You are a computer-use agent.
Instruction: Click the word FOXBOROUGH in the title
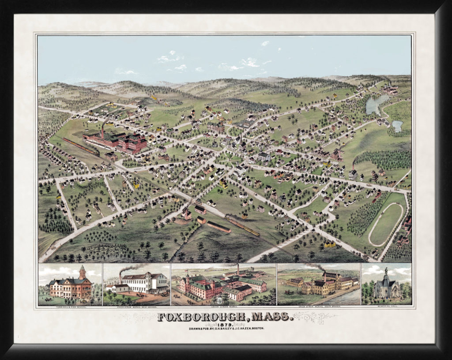coord(197,317)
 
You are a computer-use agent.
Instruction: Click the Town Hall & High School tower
coord(82,272)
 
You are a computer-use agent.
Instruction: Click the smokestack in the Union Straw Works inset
coord(237,270)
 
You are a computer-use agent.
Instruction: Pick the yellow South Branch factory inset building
coord(318,287)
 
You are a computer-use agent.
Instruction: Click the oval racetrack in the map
coord(386,224)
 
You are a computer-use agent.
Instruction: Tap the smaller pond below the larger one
coord(397,126)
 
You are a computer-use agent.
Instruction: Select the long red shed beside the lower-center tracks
coord(218,227)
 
